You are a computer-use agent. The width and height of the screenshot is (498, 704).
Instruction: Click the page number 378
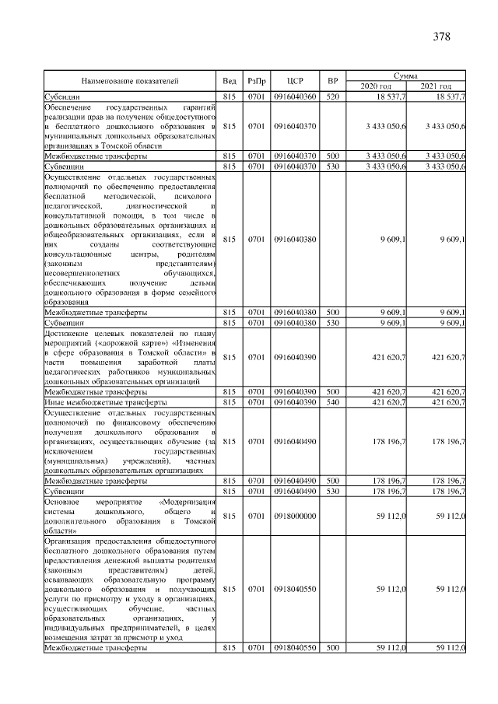(441, 36)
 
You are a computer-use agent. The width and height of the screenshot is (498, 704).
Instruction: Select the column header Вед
(230, 80)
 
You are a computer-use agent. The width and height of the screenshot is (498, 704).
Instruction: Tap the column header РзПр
(257, 80)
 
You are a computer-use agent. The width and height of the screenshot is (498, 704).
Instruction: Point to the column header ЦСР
(295, 80)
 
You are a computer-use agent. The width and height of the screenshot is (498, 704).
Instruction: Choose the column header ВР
(332, 80)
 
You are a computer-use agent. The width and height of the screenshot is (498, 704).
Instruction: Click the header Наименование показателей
(130, 80)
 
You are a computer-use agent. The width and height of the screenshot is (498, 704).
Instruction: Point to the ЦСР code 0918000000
(295, 516)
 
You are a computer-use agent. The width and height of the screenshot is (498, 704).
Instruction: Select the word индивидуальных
(81, 627)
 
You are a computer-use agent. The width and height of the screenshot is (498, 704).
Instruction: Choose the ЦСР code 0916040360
(295, 95)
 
